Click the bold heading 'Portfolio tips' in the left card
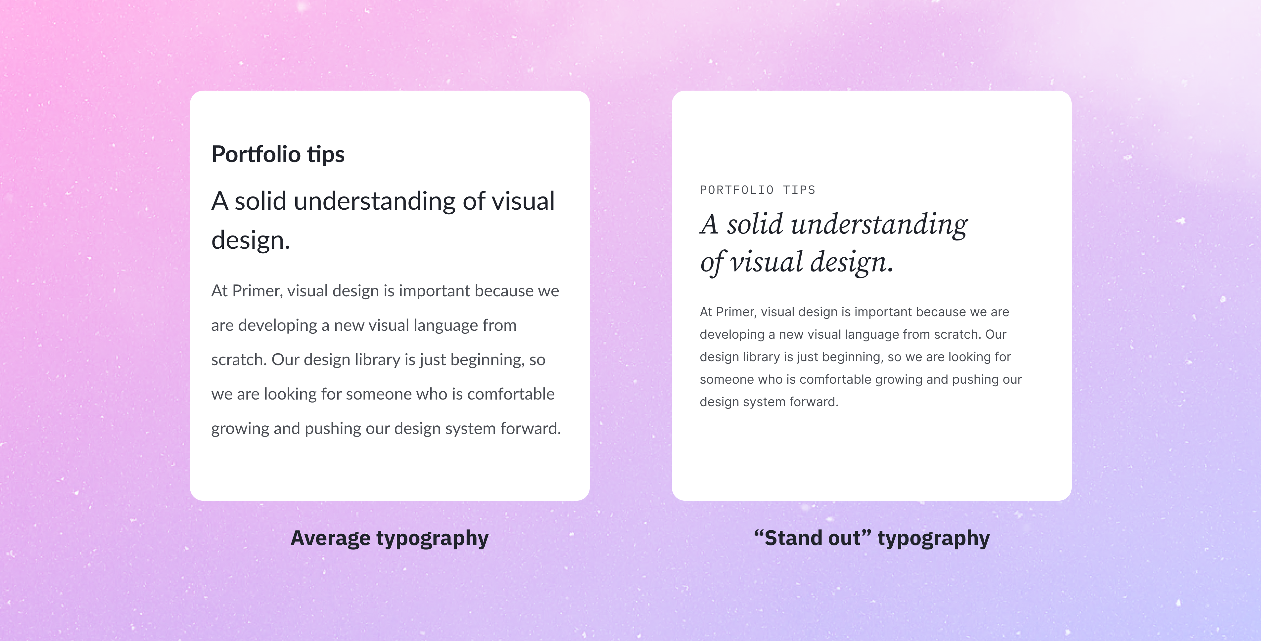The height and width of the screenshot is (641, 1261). click(x=278, y=154)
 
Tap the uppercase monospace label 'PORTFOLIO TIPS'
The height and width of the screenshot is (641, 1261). click(x=757, y=190)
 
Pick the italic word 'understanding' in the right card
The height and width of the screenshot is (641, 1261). click(x=879, y=225)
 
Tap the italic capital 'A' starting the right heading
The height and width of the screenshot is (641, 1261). click(x=709, y=225)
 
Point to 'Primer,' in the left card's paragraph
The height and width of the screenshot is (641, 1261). click(x=257, y=291)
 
